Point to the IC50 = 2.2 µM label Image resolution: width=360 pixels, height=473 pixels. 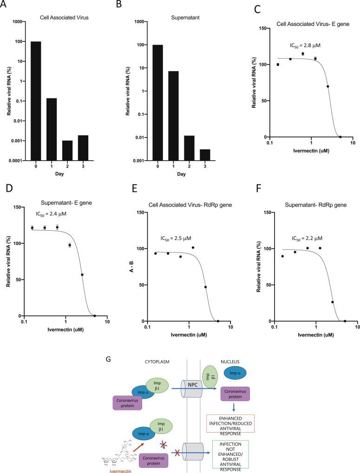point(308,239)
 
